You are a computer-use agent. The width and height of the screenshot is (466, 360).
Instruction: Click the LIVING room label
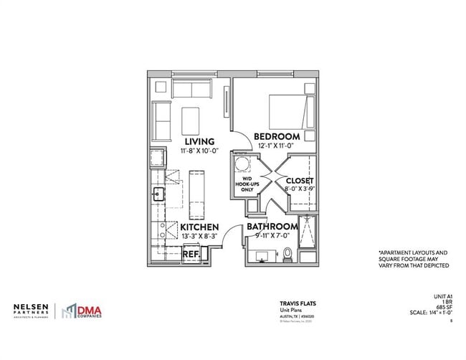(200, 141)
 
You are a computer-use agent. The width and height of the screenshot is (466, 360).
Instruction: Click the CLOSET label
(300, 181)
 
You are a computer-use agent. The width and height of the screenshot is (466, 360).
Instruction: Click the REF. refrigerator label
(191, 254)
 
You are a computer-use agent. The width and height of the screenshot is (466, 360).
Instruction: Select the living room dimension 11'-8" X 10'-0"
(200, 151)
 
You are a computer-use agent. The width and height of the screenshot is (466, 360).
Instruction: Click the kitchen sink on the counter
(158, 192)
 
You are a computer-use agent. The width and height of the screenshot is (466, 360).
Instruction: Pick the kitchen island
(196, 193)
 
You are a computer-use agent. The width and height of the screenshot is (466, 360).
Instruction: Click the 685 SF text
(444, 308)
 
